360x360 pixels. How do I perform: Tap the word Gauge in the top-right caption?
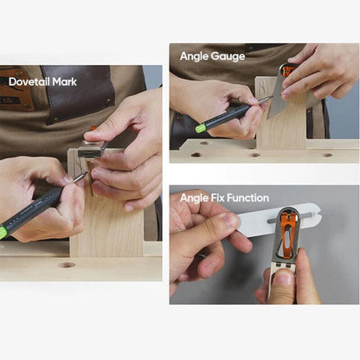click(x=228, y=56)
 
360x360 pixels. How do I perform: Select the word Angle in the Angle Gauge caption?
click(x=195, y=56)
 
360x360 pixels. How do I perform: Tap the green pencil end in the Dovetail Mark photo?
click(x=3, y=231)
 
